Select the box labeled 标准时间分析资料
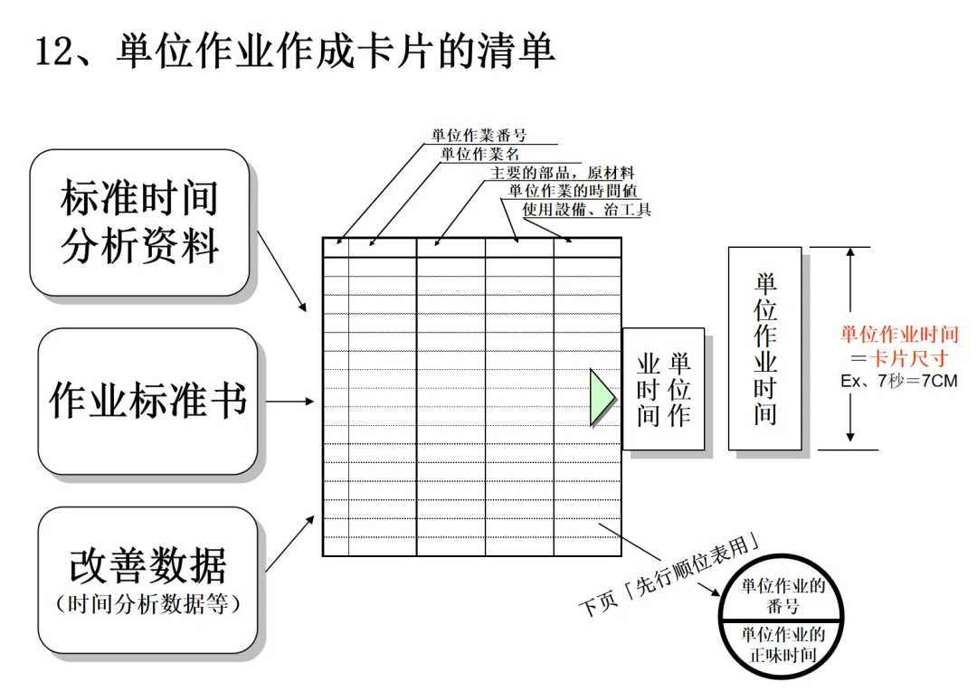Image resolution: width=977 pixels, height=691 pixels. (x=140, y=222)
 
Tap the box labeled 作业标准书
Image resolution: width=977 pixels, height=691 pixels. (x=147, y=400)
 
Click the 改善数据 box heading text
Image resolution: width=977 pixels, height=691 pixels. (x=147, y=565)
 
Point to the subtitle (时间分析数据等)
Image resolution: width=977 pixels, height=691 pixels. (x=147, y=604)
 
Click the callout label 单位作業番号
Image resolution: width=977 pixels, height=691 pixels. (x=479, y=136)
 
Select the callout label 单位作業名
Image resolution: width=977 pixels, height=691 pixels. (x=480, y=154)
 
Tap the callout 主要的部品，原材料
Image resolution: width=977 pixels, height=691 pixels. (x=562, y=173)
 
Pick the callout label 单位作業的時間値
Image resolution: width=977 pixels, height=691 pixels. (x=574, y=191)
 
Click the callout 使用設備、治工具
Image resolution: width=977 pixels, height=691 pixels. (x=586, y=210)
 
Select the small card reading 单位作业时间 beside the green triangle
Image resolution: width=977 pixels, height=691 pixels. (x=663, y=390)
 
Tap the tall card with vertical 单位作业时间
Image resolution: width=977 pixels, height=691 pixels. (x=764, y=348)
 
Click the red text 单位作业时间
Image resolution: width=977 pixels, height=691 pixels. (x=898, y=335)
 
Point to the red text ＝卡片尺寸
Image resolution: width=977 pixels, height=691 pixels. (x=898, y=358)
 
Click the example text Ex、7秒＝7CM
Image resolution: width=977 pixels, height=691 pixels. (x=898, y=381)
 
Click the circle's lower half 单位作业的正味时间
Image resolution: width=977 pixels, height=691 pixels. (x=783, y=644)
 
